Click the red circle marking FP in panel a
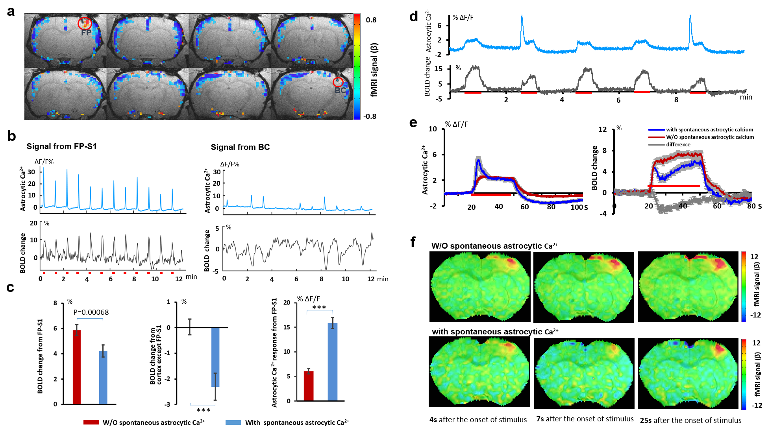(x=85, y=23)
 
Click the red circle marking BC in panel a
(x=338, y=82)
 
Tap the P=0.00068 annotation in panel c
(x=91, y=312)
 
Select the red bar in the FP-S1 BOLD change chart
(x=77, y=367)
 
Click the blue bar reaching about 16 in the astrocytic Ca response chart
(x=333, y=362)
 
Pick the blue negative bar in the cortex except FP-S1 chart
(x=215, y=357)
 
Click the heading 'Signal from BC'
(x=240, y=147)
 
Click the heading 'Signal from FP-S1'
(x=61, y=146)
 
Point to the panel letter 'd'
(x=413, y=17)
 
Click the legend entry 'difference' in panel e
(x=678, y=144)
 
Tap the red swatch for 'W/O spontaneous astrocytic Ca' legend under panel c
(x=91, y=422)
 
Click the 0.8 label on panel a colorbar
(x=371, y=20)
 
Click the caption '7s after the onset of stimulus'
(x=585, y=419)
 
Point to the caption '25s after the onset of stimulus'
(x=690, y=420)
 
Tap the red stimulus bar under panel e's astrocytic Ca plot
(x=491, y=194)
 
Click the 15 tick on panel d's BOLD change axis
(x=438, y=68)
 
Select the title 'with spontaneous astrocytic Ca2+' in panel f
(x=495, y=332)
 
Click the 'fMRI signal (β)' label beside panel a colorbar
(x=374, y=70)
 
